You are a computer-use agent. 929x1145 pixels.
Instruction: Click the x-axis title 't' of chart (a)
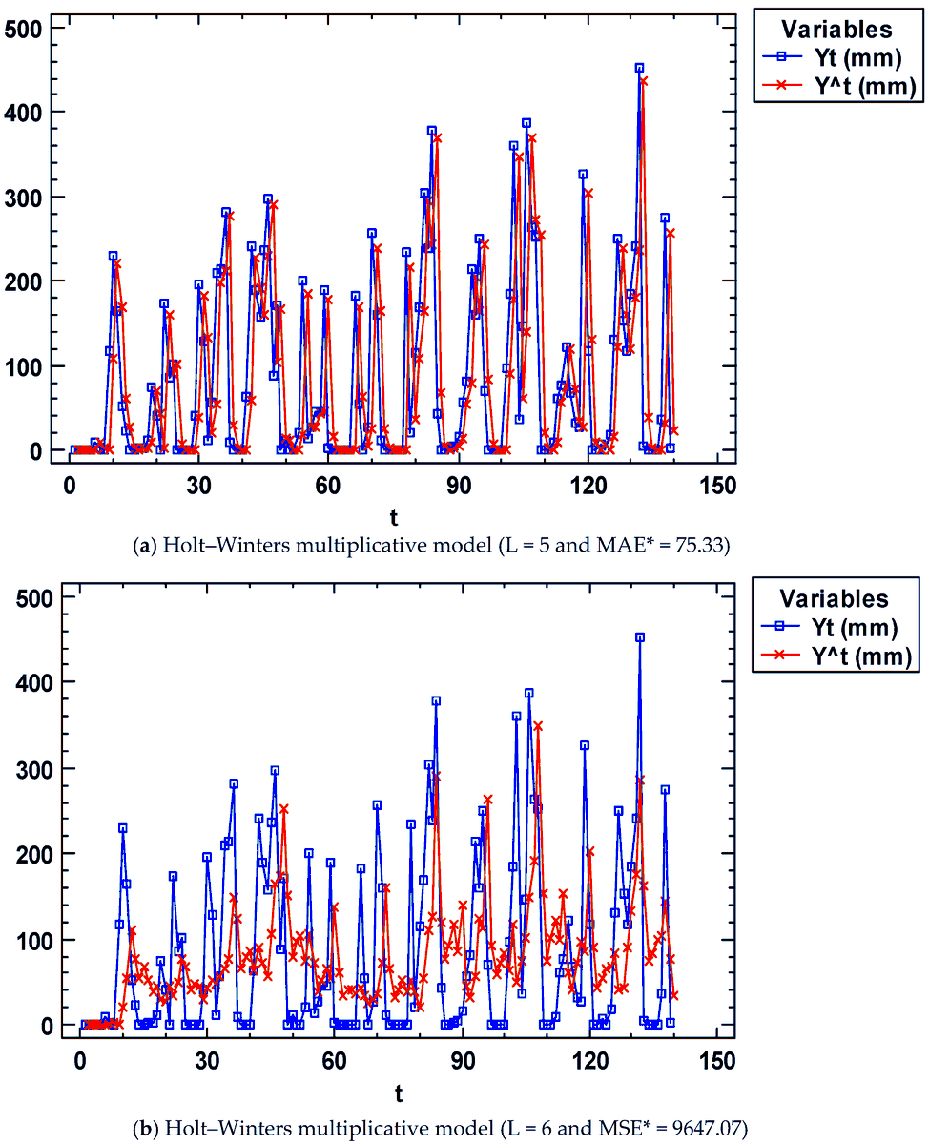point(394,517)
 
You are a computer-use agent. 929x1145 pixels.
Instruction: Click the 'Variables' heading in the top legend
point(836,29)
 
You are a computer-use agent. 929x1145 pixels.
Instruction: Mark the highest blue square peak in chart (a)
point(639,68)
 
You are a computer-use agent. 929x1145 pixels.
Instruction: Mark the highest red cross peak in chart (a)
point(644,81)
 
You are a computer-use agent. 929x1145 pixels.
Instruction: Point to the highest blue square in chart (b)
point(640,637)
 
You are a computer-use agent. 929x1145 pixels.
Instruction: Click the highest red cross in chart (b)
point(538,726)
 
